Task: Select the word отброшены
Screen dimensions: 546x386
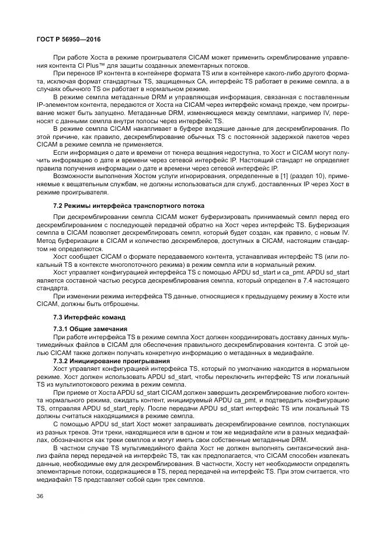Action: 121,304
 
